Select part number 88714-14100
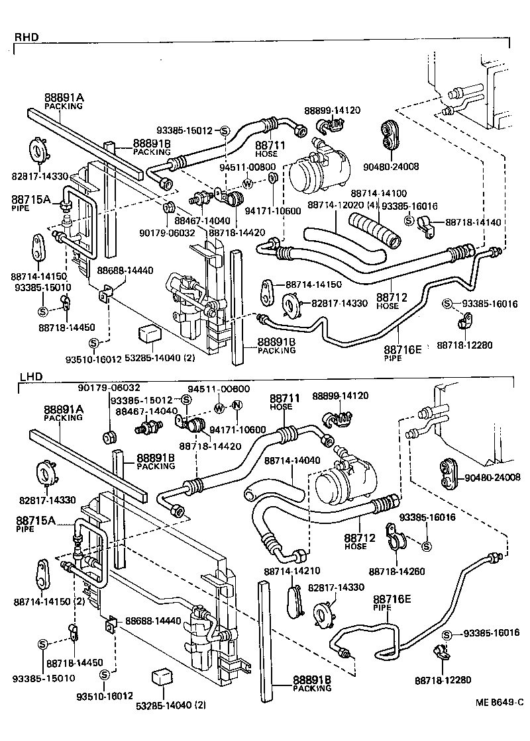(x=378, y=193)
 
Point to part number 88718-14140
(x=473, y=224)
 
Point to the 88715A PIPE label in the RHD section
(x=30, y=201)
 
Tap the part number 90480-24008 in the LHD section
(x=492, y=476)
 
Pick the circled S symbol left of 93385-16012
(x=224, y=130)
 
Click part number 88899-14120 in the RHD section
(x=333, y=110)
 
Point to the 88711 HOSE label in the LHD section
(x=285, y=402)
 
